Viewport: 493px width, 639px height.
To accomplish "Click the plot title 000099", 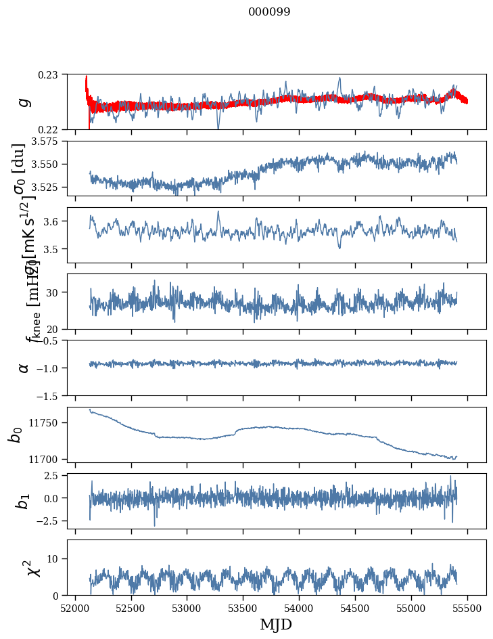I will tap(270, 12).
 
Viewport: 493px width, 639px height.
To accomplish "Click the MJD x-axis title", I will tap(275, 624).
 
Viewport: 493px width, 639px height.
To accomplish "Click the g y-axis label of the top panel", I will tap(24, 102).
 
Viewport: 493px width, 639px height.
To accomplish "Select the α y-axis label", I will tap(24, 368).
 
